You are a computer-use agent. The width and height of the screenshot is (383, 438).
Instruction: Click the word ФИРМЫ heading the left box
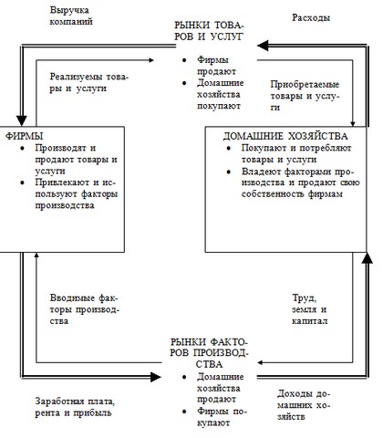(24, 136)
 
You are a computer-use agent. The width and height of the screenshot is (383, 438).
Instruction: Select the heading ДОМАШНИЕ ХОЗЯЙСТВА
(285, 136)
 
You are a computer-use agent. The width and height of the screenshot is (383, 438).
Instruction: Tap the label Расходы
(311, 17)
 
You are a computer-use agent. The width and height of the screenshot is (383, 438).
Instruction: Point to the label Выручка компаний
(71, 16)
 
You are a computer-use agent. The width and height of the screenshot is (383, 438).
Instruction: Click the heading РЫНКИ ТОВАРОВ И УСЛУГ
(209, 31)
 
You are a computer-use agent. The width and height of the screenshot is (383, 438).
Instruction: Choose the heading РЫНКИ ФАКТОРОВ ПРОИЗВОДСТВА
(209, 353)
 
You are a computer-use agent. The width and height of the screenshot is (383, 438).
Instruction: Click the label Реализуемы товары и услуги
(89, 82)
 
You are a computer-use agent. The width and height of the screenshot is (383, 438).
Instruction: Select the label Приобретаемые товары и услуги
(305, 96)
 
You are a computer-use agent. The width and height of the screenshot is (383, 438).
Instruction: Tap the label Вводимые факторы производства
(84, 309)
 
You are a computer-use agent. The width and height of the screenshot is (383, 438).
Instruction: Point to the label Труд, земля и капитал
(309, 309)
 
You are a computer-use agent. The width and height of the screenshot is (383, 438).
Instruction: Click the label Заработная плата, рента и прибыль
(75, 407)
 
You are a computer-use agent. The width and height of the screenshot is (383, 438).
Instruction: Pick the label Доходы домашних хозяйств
(304, 405)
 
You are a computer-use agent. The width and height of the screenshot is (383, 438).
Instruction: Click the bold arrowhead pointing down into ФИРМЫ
(21, 120)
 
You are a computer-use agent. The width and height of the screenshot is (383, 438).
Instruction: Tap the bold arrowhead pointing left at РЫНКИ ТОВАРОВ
(263, 46)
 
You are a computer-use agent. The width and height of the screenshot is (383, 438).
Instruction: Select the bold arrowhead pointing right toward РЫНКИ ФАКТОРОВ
(156, 377)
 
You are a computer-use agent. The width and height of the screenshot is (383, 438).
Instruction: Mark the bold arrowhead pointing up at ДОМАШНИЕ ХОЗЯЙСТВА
(367, 257)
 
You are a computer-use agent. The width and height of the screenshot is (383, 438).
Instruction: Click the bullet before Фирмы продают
(184, 60)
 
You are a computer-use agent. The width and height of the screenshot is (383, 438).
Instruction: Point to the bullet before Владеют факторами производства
(229, 172)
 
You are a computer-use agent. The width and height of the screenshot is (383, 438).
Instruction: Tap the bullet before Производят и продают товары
(22, 148)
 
